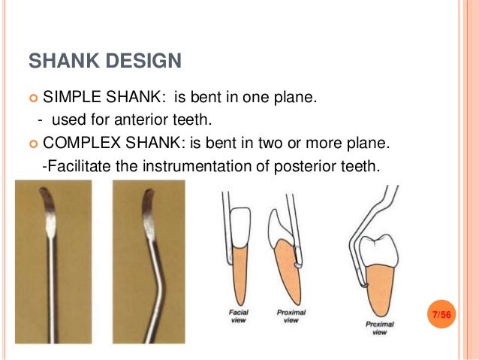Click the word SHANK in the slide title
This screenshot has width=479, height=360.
(60, 60)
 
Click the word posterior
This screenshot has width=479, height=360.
(309, 165)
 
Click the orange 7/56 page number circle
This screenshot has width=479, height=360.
(439, 313)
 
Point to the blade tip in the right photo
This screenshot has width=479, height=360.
(148, 197)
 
